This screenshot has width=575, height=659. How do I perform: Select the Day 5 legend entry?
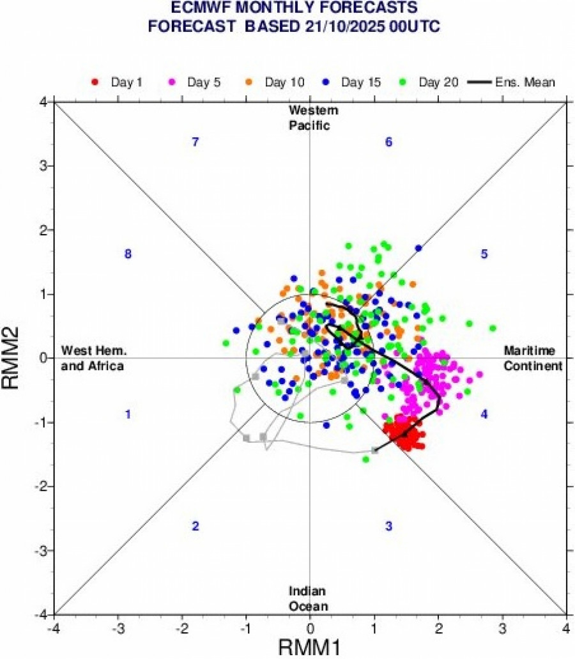pyautogui.click(x=194, y=82)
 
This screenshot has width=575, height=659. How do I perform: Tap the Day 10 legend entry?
pyautogui.click(x=274, y=82)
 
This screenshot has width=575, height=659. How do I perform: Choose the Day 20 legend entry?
pyautogui.click(x=430, y=82)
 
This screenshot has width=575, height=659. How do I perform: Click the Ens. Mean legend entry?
pyautogui.click(x=511, y=82)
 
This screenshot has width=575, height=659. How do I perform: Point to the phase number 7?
pyautogui.click(x=196, y=142)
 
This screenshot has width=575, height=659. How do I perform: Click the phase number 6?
pyautogui.click(x=388, y=142)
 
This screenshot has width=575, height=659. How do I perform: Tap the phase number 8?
pyautogui.click(x=128, y=254)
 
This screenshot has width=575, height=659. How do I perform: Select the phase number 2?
pyautogui.click(x=196, y=526)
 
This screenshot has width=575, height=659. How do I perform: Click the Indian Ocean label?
pyautogui.click(x=309, y=598)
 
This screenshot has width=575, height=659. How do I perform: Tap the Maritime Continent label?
pyautogui.click(x=533, y=358)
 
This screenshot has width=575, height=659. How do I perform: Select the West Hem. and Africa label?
pyautogui.click(x=93, y=358)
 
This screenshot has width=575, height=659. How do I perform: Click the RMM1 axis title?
pyautogui.click(x=310, y=647)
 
